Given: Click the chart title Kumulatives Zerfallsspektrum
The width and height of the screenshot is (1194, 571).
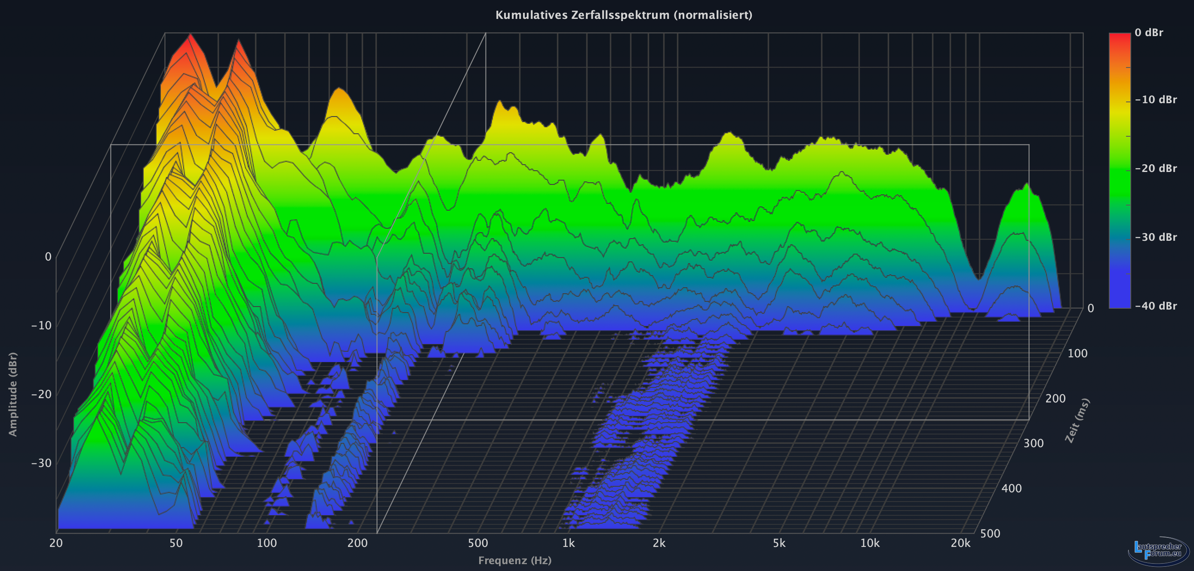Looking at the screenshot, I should tap(623, 15).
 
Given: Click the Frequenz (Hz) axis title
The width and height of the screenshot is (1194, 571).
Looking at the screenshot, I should tap(514, 560).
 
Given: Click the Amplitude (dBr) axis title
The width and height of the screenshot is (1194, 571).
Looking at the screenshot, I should tap(13, 394).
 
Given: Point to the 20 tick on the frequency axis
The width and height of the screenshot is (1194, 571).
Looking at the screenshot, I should tap(56, 543).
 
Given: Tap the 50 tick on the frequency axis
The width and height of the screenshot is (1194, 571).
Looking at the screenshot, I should tap(176, 543).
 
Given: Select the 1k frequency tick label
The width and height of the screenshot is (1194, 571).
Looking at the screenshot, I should tap(568, 543).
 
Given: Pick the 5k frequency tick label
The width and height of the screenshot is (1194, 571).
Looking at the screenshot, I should tap(779, 543).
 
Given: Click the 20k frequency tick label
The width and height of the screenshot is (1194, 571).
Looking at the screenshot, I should tap(960, 543).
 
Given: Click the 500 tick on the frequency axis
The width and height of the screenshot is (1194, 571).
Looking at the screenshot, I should tap(478, 543).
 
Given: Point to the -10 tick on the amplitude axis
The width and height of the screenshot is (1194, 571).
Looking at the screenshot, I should tap(41, 325).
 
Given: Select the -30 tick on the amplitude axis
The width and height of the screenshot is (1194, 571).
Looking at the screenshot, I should tap(41, 463).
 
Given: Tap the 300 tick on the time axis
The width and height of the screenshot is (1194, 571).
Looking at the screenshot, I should tap(1033, 443).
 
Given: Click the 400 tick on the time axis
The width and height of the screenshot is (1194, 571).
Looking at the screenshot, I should tap(1011, 488).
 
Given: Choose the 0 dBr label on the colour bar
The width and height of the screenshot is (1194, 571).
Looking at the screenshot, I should tap(1148, 32).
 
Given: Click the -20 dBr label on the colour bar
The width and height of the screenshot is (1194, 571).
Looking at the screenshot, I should tap(1156, 168).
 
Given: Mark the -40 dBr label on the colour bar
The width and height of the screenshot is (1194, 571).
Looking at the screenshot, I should tap(1156, 306).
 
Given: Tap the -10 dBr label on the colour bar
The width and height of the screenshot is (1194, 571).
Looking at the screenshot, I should tap(1156, 100).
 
